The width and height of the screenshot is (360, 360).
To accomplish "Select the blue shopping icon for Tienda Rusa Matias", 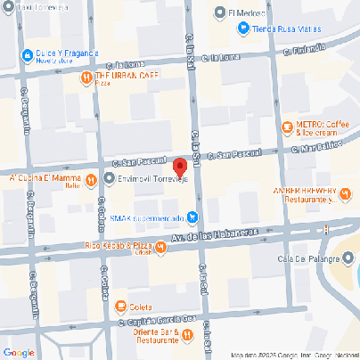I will click(241, 29).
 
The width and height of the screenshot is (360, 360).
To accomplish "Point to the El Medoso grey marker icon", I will click(220, 13).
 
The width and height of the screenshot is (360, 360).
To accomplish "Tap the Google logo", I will click(18, 352).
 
